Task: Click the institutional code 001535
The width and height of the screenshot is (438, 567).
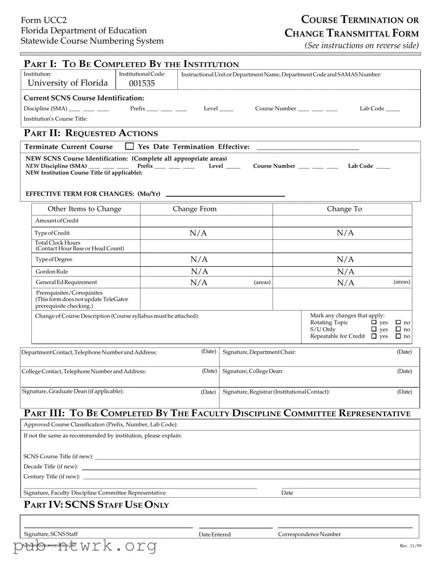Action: pos(142,83)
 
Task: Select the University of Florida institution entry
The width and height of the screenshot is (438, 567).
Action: pos(68,83)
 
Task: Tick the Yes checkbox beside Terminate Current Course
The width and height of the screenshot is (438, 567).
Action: pos(129,146)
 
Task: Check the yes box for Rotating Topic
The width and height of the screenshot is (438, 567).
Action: pos(374,322)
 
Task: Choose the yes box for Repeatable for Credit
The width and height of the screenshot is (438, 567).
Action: pos(374,337)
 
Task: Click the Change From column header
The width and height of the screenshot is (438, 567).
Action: pos(194,209)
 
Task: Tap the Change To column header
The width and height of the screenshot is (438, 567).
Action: pos(344,209)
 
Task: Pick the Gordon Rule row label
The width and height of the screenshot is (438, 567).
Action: pos(52,272)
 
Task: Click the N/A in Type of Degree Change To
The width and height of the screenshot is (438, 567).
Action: pos(346,260)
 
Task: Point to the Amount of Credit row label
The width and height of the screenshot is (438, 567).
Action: pos(57,221)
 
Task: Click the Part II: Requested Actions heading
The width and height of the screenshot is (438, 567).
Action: pos(91,133)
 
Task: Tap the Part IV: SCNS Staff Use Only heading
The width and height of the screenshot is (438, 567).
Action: pos(97,505)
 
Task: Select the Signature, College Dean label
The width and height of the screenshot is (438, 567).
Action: pos(253,371)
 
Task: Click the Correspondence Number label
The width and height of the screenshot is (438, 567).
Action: pos(309,534)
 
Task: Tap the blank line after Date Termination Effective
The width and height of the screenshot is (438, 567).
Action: pos(307,147)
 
